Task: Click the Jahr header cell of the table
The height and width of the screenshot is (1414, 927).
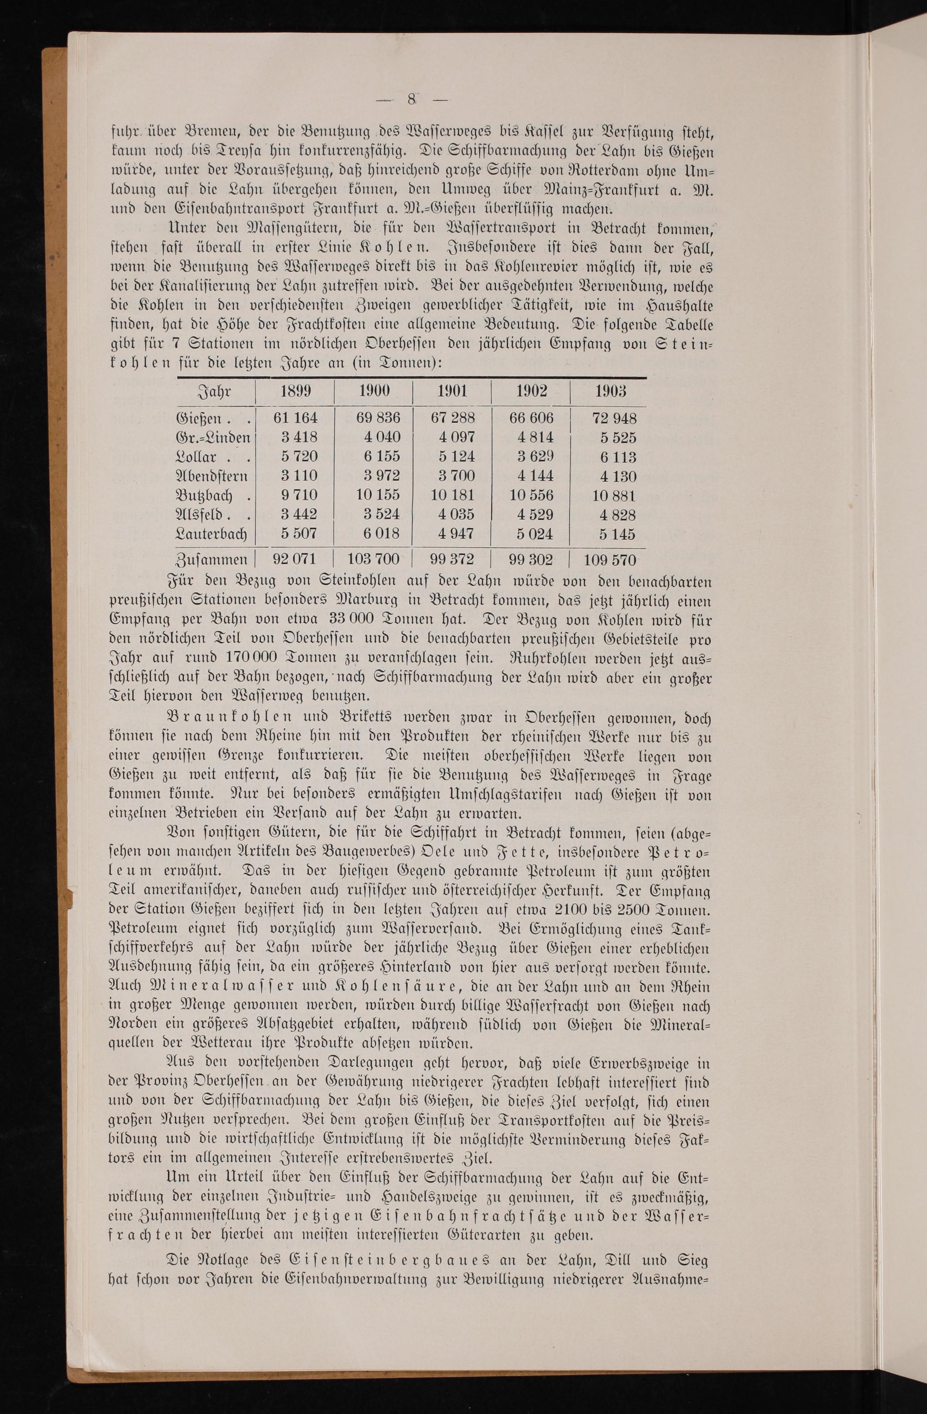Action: pos(214,392)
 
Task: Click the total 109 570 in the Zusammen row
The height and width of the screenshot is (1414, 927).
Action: pos(610,560)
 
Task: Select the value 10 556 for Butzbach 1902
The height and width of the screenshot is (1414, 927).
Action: pos(531,495)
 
